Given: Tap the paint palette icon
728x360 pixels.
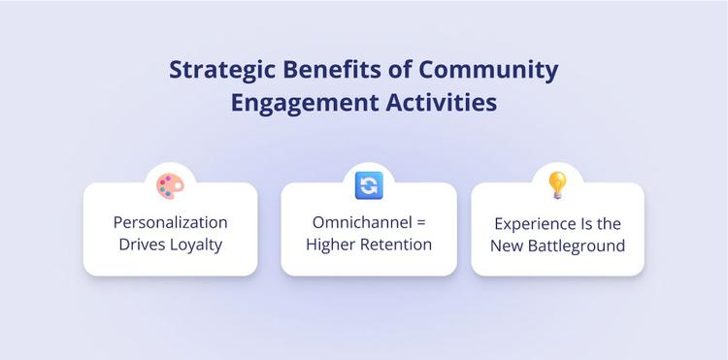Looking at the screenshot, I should click(169, 184).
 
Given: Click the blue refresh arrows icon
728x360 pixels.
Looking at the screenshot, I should click(368, 184).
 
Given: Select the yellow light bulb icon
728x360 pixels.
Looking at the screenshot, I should click(557, 183).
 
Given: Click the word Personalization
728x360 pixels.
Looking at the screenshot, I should click(170, 222).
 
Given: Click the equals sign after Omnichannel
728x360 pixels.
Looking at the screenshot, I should click(418, 223).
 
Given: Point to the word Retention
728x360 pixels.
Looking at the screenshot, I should click(394, 244).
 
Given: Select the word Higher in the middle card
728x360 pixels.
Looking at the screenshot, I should click(329, 244).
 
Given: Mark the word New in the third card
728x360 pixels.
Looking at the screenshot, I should click(512, 245).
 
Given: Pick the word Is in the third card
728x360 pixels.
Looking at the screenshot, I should click(588, 222).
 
